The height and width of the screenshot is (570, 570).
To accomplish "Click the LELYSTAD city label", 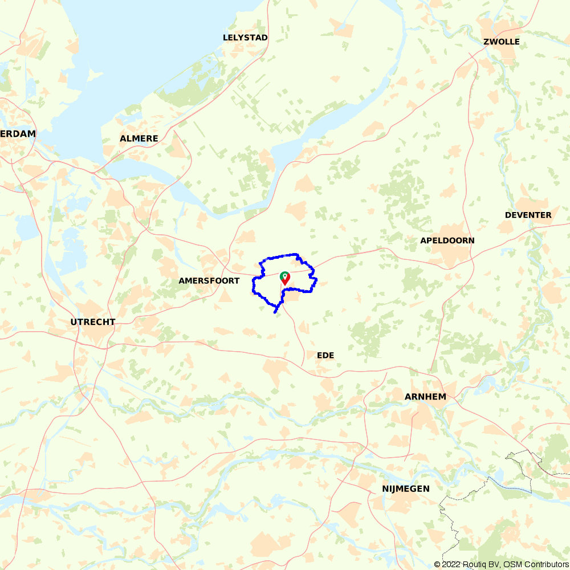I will click(x=245, y=38).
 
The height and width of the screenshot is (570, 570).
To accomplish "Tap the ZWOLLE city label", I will click(x=501, y=42).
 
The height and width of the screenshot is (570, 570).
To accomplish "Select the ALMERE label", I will click(x=139, y=139).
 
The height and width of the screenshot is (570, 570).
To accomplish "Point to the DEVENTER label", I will click(x=528, y=215).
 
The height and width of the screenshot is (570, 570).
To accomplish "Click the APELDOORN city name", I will click(x=447, y=241).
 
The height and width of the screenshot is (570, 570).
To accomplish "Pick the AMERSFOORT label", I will click(x=209, y=281).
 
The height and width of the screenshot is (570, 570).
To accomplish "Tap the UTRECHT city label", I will click(x=93, y=322).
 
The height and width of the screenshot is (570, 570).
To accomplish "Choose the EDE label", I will click(x=325, y=355).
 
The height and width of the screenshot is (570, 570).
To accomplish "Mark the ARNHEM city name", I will click(x=425, y=396).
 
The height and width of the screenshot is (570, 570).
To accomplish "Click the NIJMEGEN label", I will click(x=406, y=489).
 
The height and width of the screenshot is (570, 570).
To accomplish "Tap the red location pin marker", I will click(x=284, y=278).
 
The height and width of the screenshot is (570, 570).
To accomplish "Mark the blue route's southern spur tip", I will click(x=275, y=312).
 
